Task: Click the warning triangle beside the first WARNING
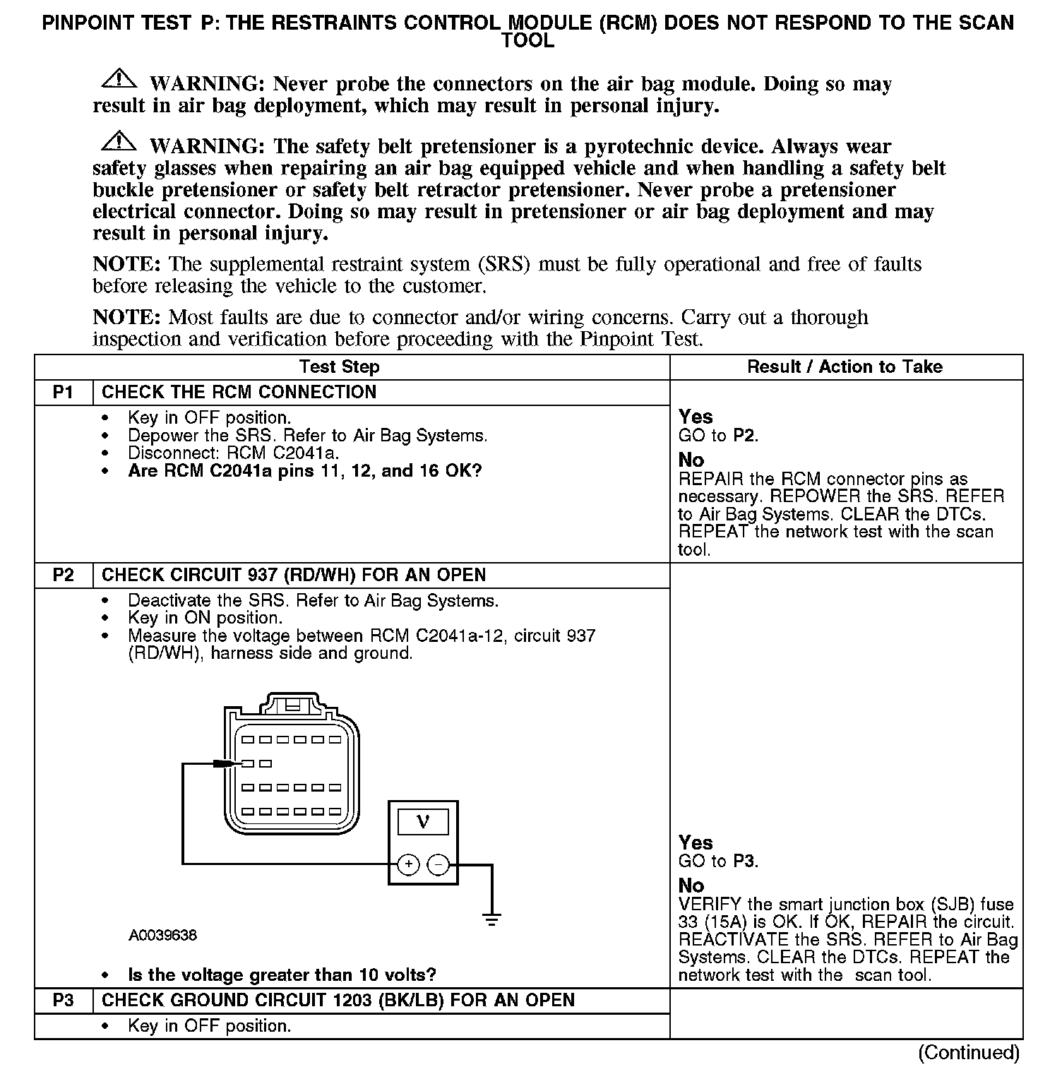click(119, 78)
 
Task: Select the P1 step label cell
click(64, 393)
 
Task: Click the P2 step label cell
click(64, 575)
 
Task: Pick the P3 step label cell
click(64, 1001)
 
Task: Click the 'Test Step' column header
click(340, 367)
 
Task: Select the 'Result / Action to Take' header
click(845, 367)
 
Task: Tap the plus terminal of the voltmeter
click(409, 864)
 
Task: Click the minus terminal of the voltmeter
click(438, 864)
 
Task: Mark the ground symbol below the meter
click(491, 919)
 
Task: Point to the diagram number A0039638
click(162, 936)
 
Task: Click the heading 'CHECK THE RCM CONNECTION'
click(239, 393)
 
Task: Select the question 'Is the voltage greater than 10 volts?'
click(282, 975)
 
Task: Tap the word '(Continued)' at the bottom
click(969, 1052)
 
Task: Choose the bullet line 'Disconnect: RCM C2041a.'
click(233, 453)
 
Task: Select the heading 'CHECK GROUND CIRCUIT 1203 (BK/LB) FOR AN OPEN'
click(338, 1001)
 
